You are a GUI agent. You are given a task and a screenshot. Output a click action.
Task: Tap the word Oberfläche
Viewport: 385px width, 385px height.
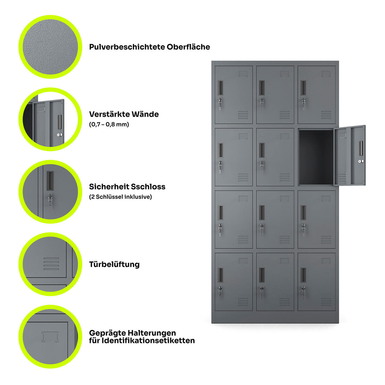tap(188, 47)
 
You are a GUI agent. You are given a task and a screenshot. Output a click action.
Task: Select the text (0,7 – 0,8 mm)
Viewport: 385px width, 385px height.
tap(109, 124)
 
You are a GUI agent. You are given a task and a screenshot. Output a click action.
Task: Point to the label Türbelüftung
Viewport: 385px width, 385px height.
tap(114, 264)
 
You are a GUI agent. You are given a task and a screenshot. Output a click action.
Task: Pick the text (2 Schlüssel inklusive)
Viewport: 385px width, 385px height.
tap(121, 197)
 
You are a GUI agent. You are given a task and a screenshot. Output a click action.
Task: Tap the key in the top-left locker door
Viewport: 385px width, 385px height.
tap(220, 104)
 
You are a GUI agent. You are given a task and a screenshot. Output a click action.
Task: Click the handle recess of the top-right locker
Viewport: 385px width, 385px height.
tap(303, 88)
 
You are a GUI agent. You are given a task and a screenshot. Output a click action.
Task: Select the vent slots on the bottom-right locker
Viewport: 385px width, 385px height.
tap(326, 302)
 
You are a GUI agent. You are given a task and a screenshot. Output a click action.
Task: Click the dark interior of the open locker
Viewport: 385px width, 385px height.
tap(316, 157)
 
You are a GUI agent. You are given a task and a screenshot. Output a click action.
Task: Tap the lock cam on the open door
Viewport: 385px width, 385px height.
tap(361, 161)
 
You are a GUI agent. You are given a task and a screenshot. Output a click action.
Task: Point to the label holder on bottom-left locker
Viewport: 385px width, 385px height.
tap(243, 261)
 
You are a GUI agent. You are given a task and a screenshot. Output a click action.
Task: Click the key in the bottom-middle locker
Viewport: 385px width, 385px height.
tap(262, 292)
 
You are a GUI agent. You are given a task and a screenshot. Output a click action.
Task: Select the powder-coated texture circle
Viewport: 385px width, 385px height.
tap(50, 47)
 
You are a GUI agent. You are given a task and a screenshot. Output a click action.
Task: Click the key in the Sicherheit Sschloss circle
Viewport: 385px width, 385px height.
tap(50, 201)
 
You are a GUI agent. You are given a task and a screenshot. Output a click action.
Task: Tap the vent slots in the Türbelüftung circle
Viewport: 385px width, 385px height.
tap(51, 264)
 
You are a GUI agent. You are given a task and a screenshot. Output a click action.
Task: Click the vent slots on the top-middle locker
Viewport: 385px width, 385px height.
tap(285, 115)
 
